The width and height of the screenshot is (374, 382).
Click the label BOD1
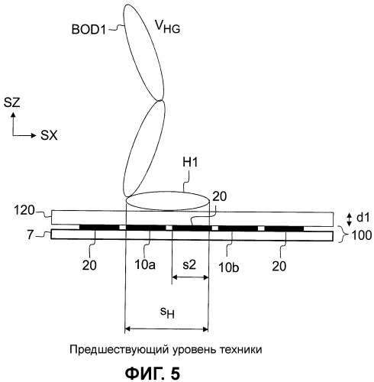pos(89,30)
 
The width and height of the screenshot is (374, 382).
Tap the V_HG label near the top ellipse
pos(168,27)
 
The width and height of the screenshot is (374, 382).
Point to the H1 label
pos(190,163)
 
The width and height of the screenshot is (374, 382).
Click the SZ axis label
pos(12,103)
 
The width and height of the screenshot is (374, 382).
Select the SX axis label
pos(49,135)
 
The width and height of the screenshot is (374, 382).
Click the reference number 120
pos(24,211)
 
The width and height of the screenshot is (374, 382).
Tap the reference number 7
pos(31,235)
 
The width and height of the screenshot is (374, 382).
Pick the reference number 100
pos(362,235)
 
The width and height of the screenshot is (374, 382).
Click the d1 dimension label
pos(363,218)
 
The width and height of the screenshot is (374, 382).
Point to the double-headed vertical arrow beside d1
pos(350,219)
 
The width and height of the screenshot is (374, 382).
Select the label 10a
pos(145,265)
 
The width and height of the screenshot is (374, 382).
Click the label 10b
pos(229,268)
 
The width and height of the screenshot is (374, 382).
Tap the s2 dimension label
pos(189,265)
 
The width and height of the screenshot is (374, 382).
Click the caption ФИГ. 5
pos(153,373)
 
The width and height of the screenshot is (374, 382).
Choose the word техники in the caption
pos(240,349)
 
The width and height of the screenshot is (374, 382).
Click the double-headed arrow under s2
pos(190,277)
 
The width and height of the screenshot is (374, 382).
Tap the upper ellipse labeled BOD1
pos(144,53)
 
